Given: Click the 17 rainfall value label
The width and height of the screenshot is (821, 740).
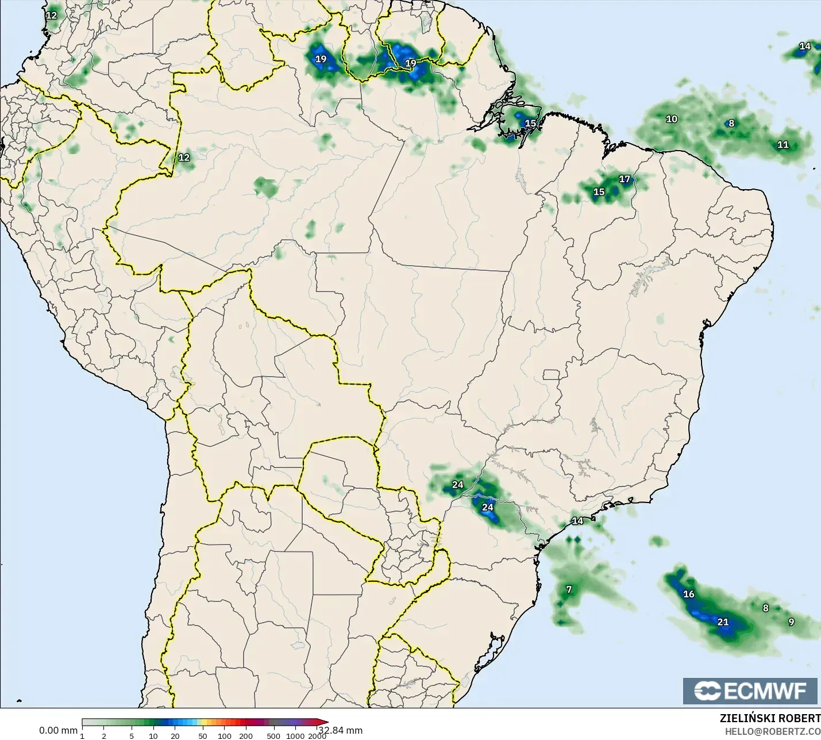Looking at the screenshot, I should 625,179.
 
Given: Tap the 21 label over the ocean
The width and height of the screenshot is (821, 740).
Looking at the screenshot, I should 723,622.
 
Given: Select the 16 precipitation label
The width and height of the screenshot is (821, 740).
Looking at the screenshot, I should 689,594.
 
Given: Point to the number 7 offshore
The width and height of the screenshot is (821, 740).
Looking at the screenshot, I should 569,589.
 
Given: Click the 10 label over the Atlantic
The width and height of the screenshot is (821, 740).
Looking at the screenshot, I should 672,119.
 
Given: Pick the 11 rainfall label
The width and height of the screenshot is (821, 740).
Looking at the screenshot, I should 783,145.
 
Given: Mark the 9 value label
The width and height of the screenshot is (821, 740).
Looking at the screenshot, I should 791,622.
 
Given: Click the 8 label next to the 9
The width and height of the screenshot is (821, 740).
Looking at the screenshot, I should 765,608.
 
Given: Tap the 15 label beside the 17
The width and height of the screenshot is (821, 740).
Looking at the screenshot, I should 599,192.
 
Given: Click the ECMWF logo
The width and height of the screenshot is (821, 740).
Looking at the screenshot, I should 750,691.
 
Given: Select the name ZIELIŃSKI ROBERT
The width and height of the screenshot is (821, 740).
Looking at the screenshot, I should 770,718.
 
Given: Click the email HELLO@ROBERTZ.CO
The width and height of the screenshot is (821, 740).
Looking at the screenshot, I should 772,731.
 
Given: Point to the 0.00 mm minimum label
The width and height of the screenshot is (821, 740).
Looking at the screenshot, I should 58,730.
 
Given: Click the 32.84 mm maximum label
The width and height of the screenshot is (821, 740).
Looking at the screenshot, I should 341,730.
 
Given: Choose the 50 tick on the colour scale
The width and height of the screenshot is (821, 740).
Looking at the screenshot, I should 202,736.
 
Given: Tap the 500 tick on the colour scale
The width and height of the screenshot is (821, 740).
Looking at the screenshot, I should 273,736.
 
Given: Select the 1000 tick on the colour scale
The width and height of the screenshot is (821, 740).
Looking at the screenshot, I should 295,736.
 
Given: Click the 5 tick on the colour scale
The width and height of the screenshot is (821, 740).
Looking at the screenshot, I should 132,736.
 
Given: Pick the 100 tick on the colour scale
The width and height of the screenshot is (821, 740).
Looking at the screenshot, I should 225,736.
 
